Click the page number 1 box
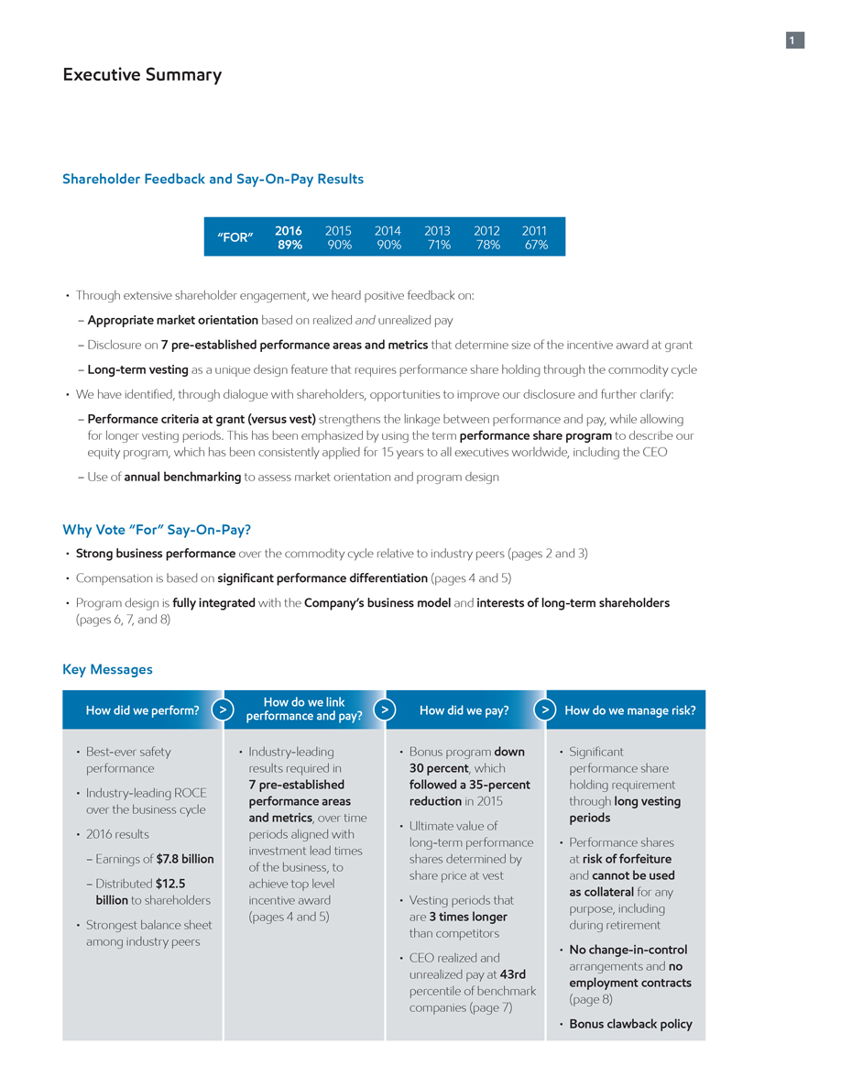pyautogui.click(x=794, y=40)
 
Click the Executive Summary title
pyautogui.click(x=142, y=75)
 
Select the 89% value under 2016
pyautogui.click(x=289, y=246)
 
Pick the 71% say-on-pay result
pyautogui.click(x=437, y=246)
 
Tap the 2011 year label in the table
pyautogui.click(x=533, y=231)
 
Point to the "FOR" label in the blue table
pyautogui.click(x=235, y=237)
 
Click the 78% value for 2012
pyautogui.click(x=486, y=246)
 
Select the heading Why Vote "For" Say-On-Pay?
pyautogui.click(x=157, y=530)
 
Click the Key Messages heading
pyautogui.click(x=107, y=669)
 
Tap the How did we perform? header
pyautogui.click(x=142, y=710)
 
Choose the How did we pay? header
pyautogui.click(x=464, y=710)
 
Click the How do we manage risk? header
pyautogui.click(x=629, y=710)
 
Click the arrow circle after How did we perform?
pyautogui.click(x=223, y=709)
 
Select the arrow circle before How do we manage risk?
pyautogui.click(x=545, y=709)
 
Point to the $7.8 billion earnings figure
pyautogui.click(x=185, y=859)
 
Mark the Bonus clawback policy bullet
pyautogui.click(x=630, y=1024)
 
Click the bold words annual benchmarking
pyautogui.click(x=182, y=477)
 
